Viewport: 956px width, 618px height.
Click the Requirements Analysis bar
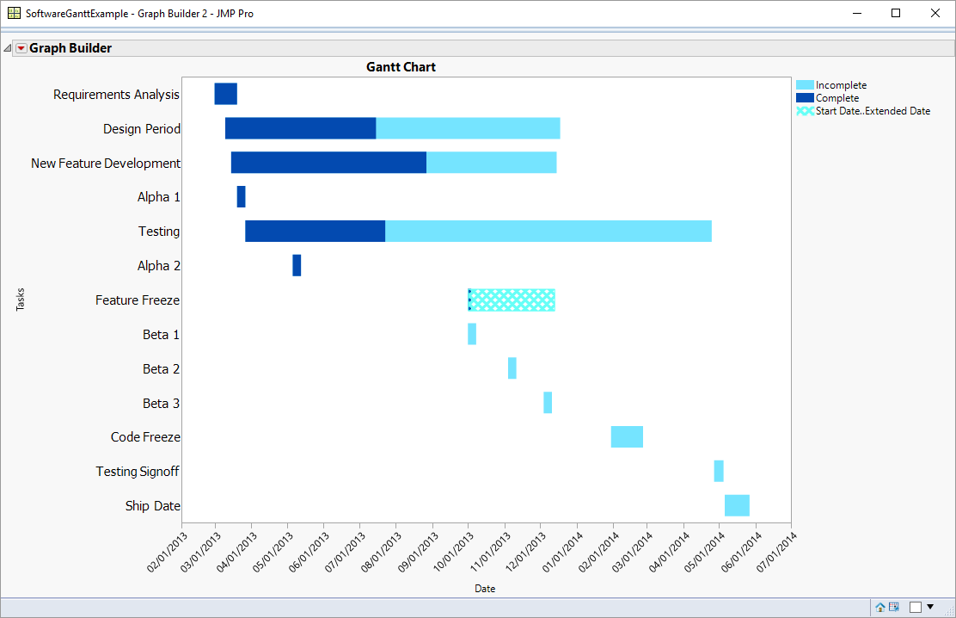click(225, 94)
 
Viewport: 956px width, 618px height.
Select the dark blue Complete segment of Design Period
click(300, 128)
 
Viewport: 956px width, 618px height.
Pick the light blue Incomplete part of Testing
click(548, 232)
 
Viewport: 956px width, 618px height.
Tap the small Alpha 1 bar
click(242, 197)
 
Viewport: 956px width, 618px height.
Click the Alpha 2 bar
click(297, 265)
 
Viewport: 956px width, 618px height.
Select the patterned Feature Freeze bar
click(512, 300)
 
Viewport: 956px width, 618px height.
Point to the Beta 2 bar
click(512, 368)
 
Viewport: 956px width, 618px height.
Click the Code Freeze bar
click(627, 436)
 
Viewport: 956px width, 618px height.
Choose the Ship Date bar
click(737, 505)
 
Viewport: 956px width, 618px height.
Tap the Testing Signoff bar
click(719, 471)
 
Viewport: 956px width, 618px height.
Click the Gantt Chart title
click(401, 67)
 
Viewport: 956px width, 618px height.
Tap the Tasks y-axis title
click(21, 300)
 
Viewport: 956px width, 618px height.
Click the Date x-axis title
click(485, 589)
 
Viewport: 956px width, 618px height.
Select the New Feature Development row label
click(106, 163)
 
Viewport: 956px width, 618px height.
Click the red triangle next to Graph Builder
click(21, 48)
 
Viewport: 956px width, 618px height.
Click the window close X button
click(935, 13)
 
